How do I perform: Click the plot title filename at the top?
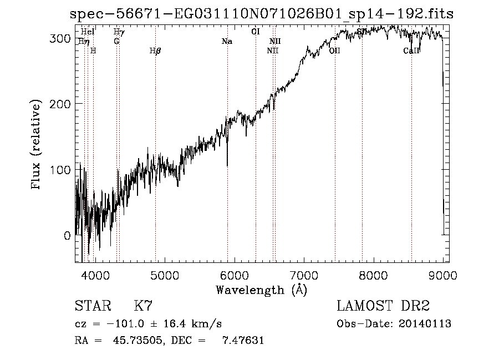(261, 14)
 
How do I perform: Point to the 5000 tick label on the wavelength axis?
(164, 274)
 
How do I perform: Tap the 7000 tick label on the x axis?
(304, 274)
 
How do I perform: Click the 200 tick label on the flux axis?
(62, 104)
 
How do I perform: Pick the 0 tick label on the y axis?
(68, 235)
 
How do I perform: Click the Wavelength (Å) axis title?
(261, 290)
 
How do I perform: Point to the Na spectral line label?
(226, 42)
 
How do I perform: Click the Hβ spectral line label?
(155, 51)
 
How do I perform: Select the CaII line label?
(411, 51)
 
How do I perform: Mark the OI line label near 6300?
(256, 32)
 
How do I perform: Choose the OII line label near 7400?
(335, 51)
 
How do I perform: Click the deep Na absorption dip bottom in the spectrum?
(227, 165)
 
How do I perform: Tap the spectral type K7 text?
(144, 306)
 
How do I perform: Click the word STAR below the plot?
(93, 306)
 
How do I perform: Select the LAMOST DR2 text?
(383, 306)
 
